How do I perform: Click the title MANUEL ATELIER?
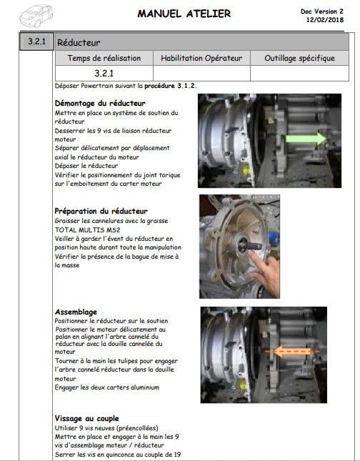(x=184, y=14)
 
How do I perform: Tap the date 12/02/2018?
(x=325, y=20)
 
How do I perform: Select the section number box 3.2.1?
(x=36, y=41)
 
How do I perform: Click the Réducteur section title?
(x=79, y=43)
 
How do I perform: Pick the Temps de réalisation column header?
(x=104, y=58)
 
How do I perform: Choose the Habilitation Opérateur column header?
(x=201, y=58)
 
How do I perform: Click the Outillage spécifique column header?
(x=299, y=58)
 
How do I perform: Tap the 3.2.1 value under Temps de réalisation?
(x=104, y=73)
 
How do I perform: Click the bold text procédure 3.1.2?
(x=171, y=86)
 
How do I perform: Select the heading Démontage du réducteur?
(x=100, y=103)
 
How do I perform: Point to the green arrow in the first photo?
(x=306, y=138)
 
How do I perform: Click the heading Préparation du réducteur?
(x=101, y=211)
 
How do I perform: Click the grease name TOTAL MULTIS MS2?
(x=87, y=230)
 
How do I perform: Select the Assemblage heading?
(x=76, y=312)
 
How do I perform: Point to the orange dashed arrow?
(x=292, y=352)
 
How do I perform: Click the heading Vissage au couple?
(x=86, y=418)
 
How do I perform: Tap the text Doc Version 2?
(x=322, y=11)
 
